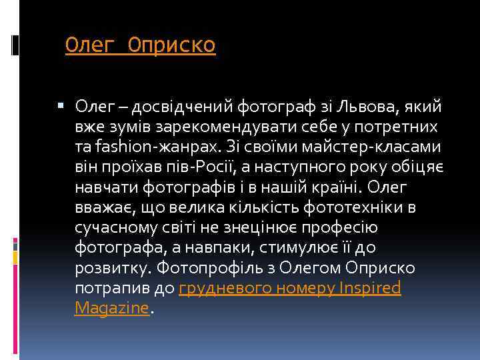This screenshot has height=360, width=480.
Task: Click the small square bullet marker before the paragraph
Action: click(x=61, y=105)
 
